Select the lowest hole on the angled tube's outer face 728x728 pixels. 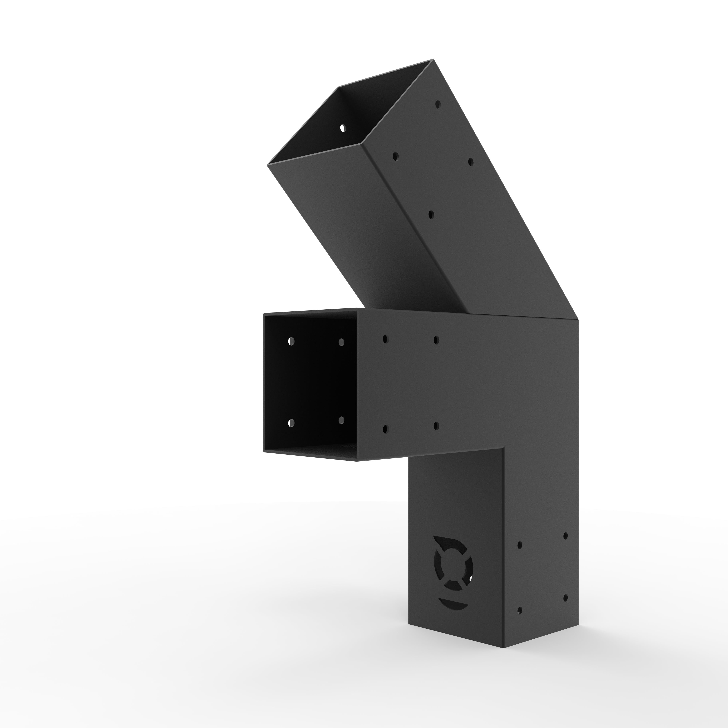click(x=431, y=215)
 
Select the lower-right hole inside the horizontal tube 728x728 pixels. click(x=341, y=420)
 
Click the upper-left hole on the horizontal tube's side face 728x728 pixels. click(x=385, y=339)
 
